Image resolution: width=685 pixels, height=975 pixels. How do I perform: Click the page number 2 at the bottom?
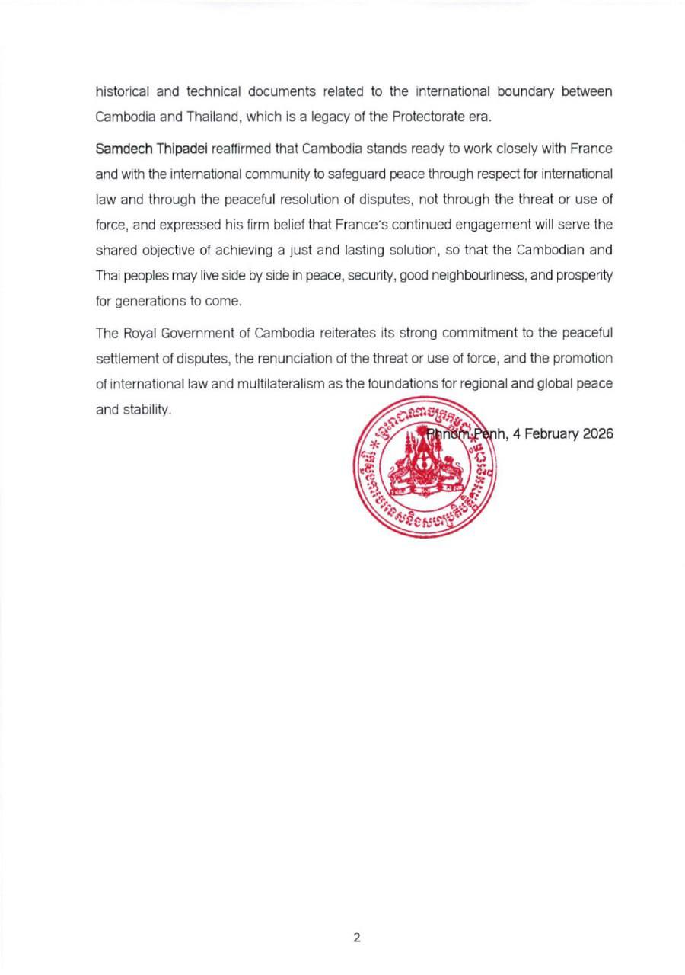pyautogui.click(x=356, y=938)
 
